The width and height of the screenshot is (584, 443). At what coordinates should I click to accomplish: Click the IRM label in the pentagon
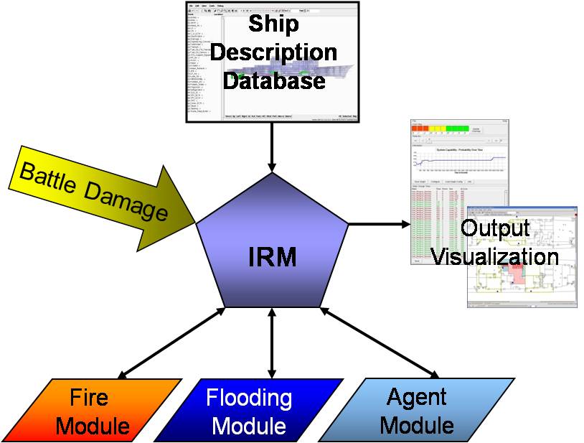tap(273, 256)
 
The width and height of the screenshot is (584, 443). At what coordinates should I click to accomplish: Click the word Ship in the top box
tap(273, 24)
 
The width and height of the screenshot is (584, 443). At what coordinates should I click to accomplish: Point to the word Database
tap(273, 80)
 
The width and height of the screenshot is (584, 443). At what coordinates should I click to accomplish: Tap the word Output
tap(495, 228)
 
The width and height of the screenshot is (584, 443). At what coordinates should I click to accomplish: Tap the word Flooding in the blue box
tap(249, 397)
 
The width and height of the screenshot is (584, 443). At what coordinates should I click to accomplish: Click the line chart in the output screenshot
tap(459, 162)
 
